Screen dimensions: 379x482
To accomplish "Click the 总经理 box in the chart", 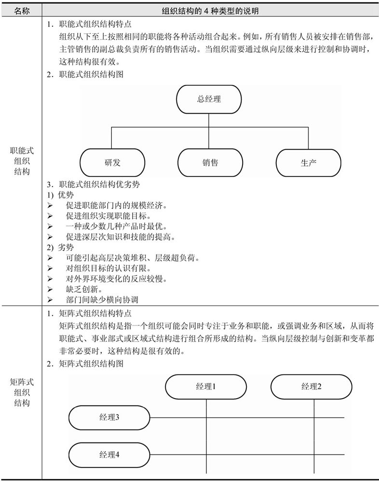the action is (x=209, y=99).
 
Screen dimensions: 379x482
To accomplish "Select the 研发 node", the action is (x=112, y=162).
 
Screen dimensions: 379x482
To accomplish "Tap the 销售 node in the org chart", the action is (x=210, y=162).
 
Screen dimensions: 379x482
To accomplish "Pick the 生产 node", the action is (x=309, y=162).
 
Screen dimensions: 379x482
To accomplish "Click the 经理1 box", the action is (x=206, y=387).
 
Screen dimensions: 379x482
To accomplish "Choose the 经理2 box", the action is (x=311, y=387).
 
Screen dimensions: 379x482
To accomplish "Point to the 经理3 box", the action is (x=109, y=417).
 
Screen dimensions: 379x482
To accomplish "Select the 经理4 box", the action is (x=109, y=455).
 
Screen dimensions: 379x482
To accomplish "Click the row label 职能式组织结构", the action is (x=22, y=161).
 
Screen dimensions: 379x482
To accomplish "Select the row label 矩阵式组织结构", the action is (x=22, y=392).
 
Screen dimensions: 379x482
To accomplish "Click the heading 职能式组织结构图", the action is (x=85, y=74).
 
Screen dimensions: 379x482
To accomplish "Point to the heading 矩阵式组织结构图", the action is (x=85, y=364).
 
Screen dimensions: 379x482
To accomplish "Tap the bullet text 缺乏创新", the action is (x=84, y=289).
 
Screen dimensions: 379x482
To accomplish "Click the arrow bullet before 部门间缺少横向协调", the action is (x=50, y=300).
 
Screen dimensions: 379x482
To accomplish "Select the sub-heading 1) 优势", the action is (x=60, y=195).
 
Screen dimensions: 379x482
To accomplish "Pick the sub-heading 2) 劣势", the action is (x=60, y=247).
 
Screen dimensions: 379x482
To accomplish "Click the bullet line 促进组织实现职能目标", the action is (x=108, y=216).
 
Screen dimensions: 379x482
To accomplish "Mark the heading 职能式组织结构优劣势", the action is (x=93, y=185).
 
